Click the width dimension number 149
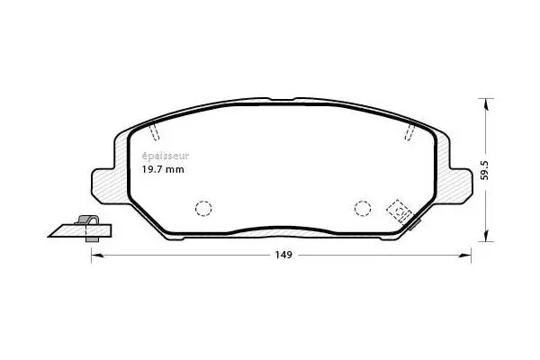click(283, 256)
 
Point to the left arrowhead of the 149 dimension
click(96, 256)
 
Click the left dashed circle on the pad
click(203, 208)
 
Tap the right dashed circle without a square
click(363, 208)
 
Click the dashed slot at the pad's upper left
click(153, 132)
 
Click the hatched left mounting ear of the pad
click(103, 184)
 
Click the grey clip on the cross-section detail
click(87, 223)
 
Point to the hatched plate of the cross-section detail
click(76, 231)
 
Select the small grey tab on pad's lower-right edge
click(413, 223)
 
